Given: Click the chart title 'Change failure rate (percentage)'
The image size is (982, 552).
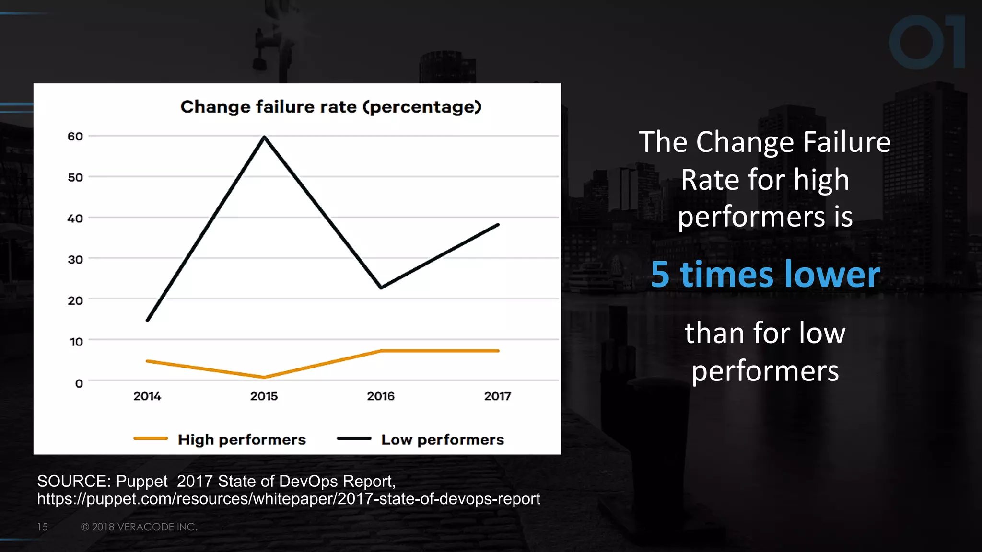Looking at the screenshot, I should coord(330,107).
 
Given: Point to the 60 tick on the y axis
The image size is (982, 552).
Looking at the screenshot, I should coord(75,137).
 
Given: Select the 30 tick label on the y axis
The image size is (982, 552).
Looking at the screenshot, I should coord(75,260).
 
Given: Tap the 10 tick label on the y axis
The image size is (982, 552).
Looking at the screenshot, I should coord(76,342).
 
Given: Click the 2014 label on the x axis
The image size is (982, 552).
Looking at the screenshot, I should coord(147,396).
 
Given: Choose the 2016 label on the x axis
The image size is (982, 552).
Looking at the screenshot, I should coord(381,396).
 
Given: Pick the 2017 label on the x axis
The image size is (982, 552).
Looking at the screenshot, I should coord(497,396).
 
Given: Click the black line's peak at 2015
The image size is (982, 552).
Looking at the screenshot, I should coord(264,137).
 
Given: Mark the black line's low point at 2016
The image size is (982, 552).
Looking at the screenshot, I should coord(381,287).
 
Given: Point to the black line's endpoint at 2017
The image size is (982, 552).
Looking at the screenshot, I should coord(498,225).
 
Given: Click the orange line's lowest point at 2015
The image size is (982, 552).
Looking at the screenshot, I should coord(264,377).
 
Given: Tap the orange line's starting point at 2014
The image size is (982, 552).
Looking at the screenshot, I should coord(148,361).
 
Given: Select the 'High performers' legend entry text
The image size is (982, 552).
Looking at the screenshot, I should coord(242,439).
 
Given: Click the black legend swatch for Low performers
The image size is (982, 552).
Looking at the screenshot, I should coord(354,438).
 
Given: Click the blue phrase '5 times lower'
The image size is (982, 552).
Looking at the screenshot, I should coord(765,275).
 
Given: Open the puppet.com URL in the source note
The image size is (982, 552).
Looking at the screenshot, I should coord(289,499).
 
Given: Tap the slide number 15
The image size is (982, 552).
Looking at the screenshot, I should coord(42,527).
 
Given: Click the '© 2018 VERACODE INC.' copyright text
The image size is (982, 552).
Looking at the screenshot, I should coord(139,527).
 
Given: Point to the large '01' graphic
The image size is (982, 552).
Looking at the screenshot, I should coord(926,42).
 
